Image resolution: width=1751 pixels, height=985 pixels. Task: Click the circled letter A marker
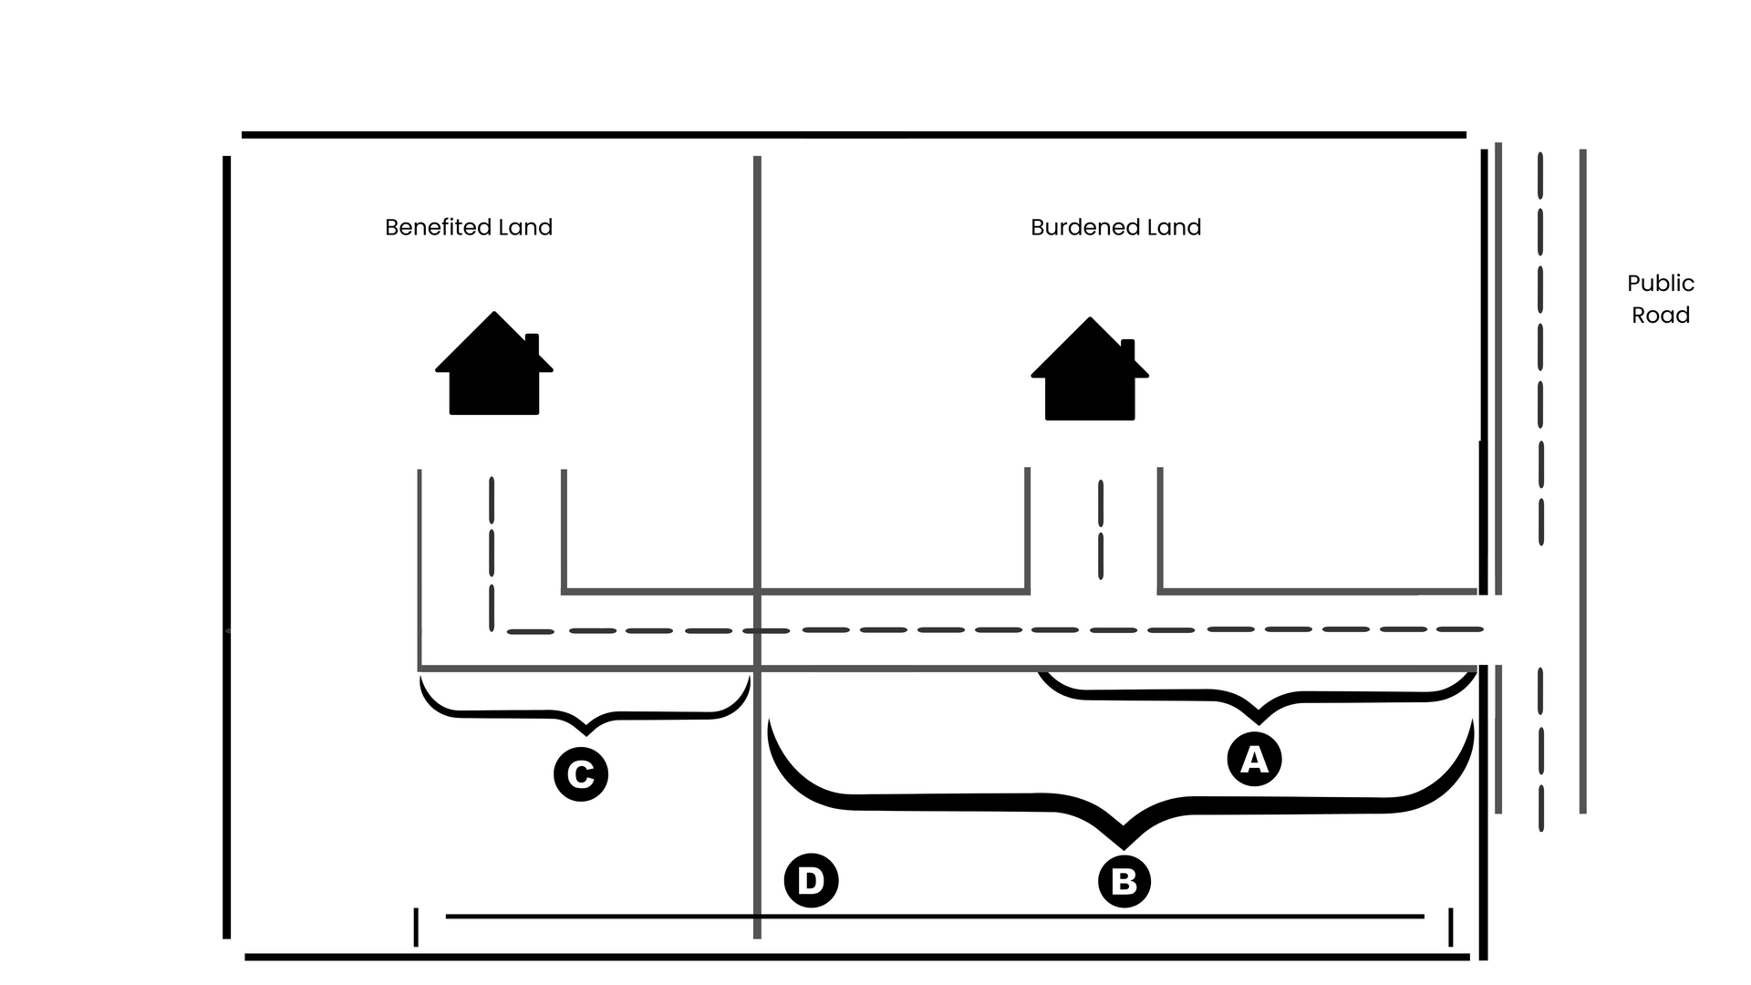click(1254, 759)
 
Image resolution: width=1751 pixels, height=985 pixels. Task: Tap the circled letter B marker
click(1124, 882)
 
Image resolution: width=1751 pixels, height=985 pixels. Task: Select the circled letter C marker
click(581, 774)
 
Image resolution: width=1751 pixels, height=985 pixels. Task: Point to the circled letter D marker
click(811, 880)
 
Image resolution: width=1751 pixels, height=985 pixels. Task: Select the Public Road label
click(1661, 299)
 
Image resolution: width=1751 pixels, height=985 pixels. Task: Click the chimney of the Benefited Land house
click(533, 345)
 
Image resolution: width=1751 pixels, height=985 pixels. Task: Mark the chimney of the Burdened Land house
click(1128, 350)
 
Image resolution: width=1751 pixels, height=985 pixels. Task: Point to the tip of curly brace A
click(1259, 723)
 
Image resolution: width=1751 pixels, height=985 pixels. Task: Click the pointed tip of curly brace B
click(1124, 848)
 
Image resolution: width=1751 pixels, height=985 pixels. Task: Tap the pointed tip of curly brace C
click(586, 734)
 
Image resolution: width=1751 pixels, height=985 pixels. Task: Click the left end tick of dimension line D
click(416, 927)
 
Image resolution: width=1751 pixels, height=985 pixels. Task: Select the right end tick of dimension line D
click(1451, 927)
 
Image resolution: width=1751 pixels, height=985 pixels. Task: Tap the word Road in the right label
click(1661, 316)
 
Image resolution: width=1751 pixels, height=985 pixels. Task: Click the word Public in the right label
click(1661, 284)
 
